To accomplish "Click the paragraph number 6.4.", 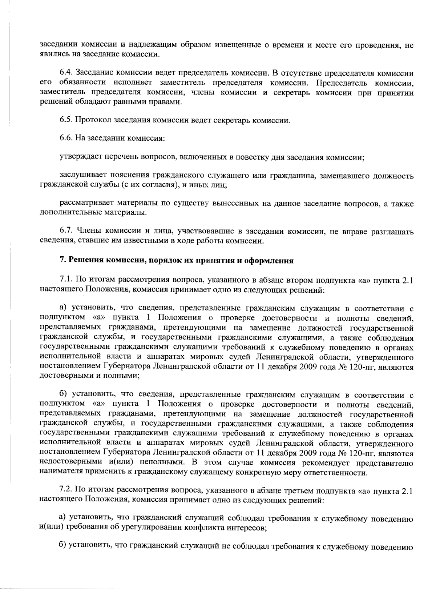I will coord(65,73).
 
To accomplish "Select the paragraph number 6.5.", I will coord(65,120).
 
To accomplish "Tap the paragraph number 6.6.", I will coord(65,139).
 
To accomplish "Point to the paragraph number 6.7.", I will coord(65,232).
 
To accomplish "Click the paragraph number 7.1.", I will coord(65,280).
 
